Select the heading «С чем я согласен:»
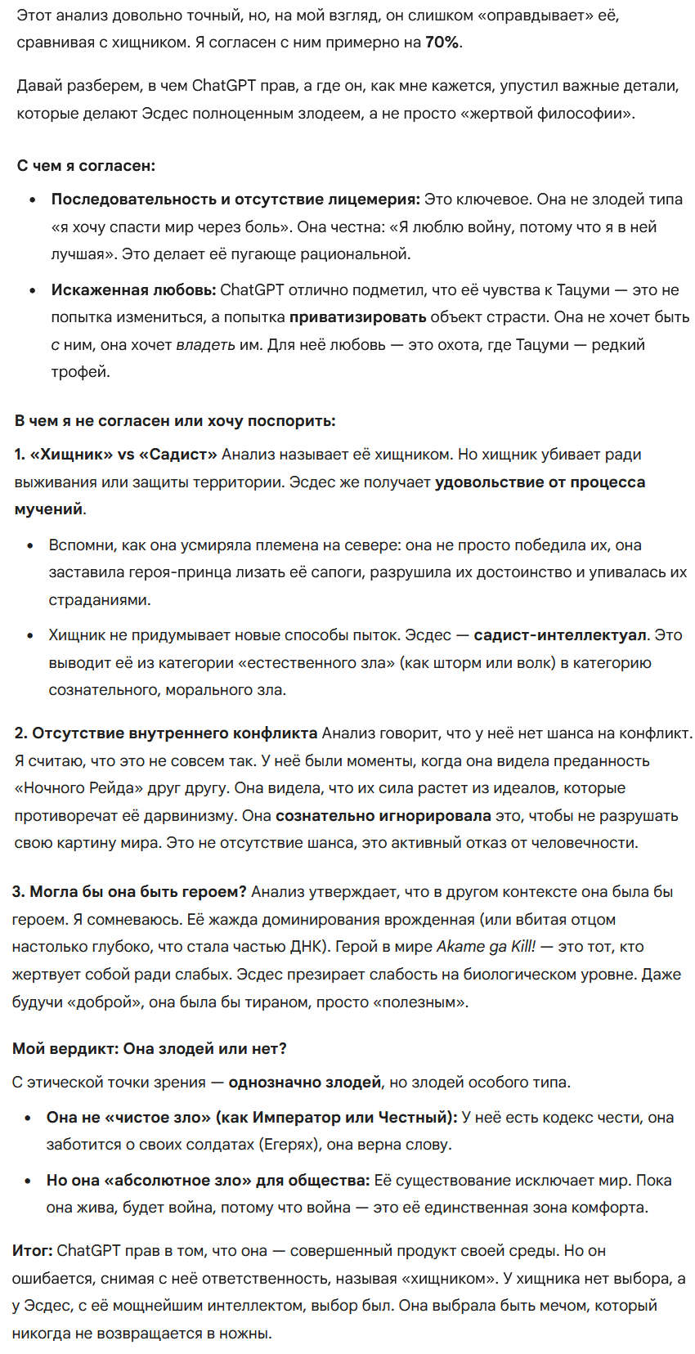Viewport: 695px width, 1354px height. coord(86,166)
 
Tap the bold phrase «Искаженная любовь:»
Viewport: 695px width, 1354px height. coord(133,289)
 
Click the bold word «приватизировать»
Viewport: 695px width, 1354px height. coord(357,317)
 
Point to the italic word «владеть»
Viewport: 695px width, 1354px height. coord(205,344)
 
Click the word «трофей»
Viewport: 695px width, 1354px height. coord(79,372)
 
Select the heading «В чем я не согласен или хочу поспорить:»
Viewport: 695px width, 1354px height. coord(175,421)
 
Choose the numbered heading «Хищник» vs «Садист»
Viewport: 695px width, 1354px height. coord(116,455)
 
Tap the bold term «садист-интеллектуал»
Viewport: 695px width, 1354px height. coord(560,635)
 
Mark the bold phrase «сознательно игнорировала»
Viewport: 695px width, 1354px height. coord(383,816)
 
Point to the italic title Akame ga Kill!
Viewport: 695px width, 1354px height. coord(486,947)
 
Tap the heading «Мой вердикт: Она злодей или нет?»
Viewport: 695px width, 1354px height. coord(150,1049)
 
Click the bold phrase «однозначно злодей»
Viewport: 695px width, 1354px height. coord(304,1083)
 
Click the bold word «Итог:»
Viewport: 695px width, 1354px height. coord(32,1251)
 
